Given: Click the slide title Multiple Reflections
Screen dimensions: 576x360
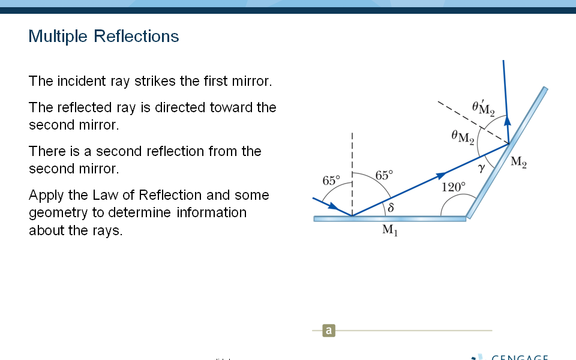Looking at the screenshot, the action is point(104,37).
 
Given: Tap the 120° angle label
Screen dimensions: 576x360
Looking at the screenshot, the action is point(454,187).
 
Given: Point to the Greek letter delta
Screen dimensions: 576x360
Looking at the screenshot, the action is point(391,208).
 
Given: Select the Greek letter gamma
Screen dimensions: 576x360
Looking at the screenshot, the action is point(481,168).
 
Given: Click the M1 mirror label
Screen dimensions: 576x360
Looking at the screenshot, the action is point(390,230).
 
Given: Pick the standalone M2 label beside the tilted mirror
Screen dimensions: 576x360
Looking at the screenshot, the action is point(518,161).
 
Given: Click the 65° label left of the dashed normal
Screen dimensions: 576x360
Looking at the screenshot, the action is point(331,181).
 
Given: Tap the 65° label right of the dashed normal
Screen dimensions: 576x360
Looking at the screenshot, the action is point(384,175).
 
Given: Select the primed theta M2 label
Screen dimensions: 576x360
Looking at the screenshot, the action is point(484,107).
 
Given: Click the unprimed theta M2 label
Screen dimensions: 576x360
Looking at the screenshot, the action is point(463,137).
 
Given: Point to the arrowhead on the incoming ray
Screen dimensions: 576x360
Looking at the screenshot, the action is point(334,206).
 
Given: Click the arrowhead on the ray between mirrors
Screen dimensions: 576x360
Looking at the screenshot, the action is point(441,175).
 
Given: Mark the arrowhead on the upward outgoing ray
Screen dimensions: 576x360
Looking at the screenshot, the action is point(508,121).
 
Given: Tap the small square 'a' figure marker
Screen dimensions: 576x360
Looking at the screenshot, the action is point(329,330).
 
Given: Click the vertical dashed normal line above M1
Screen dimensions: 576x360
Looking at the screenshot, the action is point(352,174).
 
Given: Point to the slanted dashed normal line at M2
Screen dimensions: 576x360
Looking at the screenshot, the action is point(473,122).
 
